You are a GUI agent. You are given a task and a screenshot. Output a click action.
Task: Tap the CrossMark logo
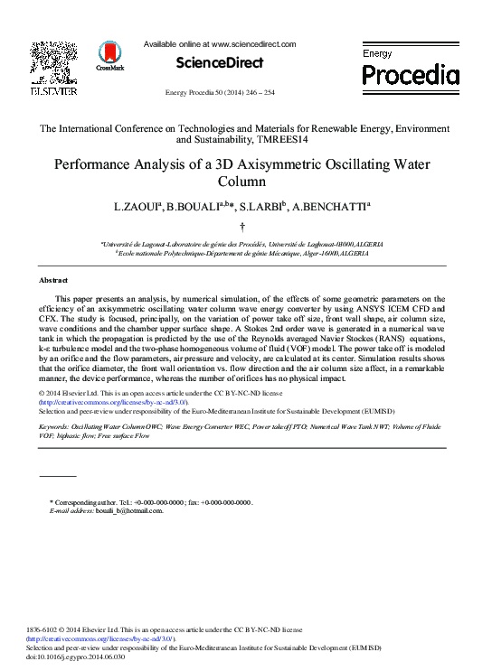111,56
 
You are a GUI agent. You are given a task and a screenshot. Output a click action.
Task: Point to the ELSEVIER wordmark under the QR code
53,91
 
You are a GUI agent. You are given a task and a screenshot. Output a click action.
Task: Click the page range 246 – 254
257,93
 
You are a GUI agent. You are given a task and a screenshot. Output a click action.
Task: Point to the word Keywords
53,424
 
